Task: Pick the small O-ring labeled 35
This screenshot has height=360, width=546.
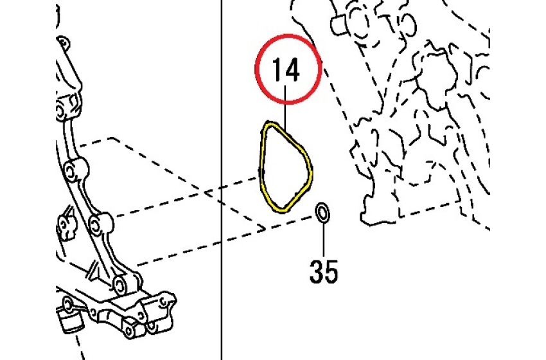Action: point(323,213)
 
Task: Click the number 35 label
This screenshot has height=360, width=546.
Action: point(323,271)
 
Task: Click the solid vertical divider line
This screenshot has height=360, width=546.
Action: point(220,257)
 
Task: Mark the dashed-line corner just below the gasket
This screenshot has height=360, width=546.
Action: point(263,228)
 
